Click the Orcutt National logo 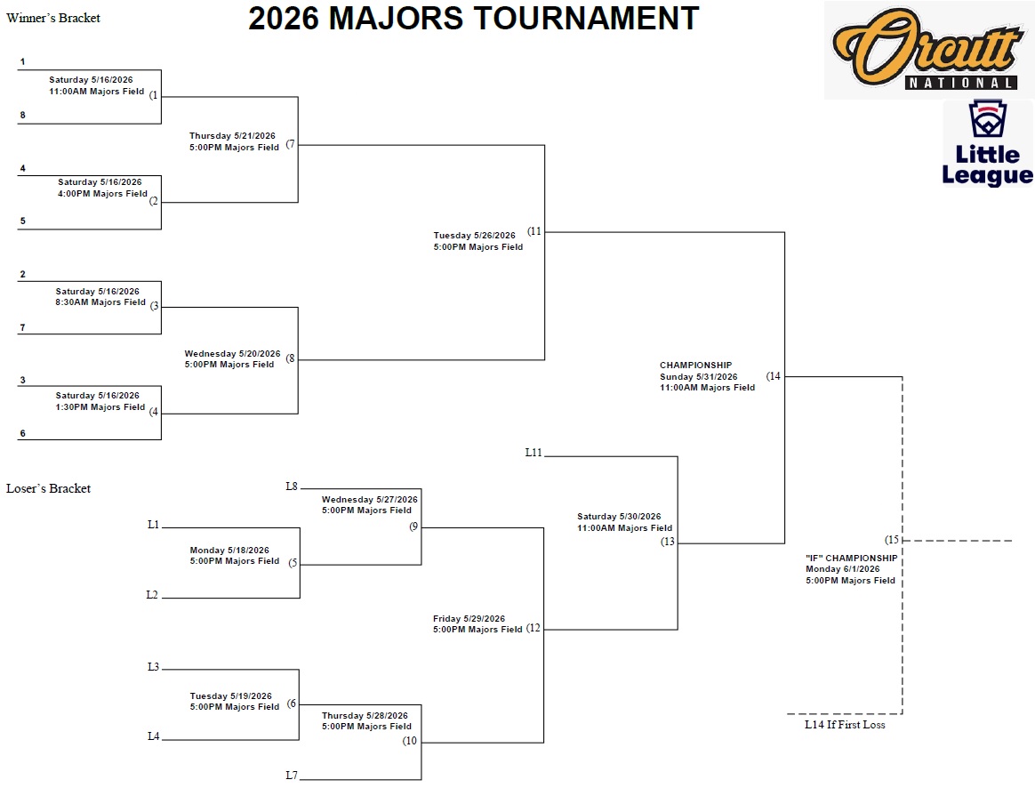[x=928, y=50]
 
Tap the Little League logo [x=987, y=143]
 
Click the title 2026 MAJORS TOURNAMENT [x=473, y=19]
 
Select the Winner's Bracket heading [x=53, y=18]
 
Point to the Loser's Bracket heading [x=49, y=488]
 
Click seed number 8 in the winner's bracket [x=23, y=115]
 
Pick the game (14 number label [x=774, y=376]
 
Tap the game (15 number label [x=893, y=540]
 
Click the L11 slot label [x=534, y=453]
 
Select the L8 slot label [x=292, y=486]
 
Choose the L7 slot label [x=292, y=776]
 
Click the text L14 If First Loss [x=845, y=725]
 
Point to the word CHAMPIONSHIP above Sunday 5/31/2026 [x=695, y=366]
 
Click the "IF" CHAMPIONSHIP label [x=851, y=559]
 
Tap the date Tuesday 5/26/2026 [x=474, y=236]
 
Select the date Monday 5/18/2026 [x=229, y=551]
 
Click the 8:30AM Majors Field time [x=100, y=302]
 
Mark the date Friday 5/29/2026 [x=469, y=619]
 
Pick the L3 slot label [x=153, y=667]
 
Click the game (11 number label [x=534, y=231]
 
